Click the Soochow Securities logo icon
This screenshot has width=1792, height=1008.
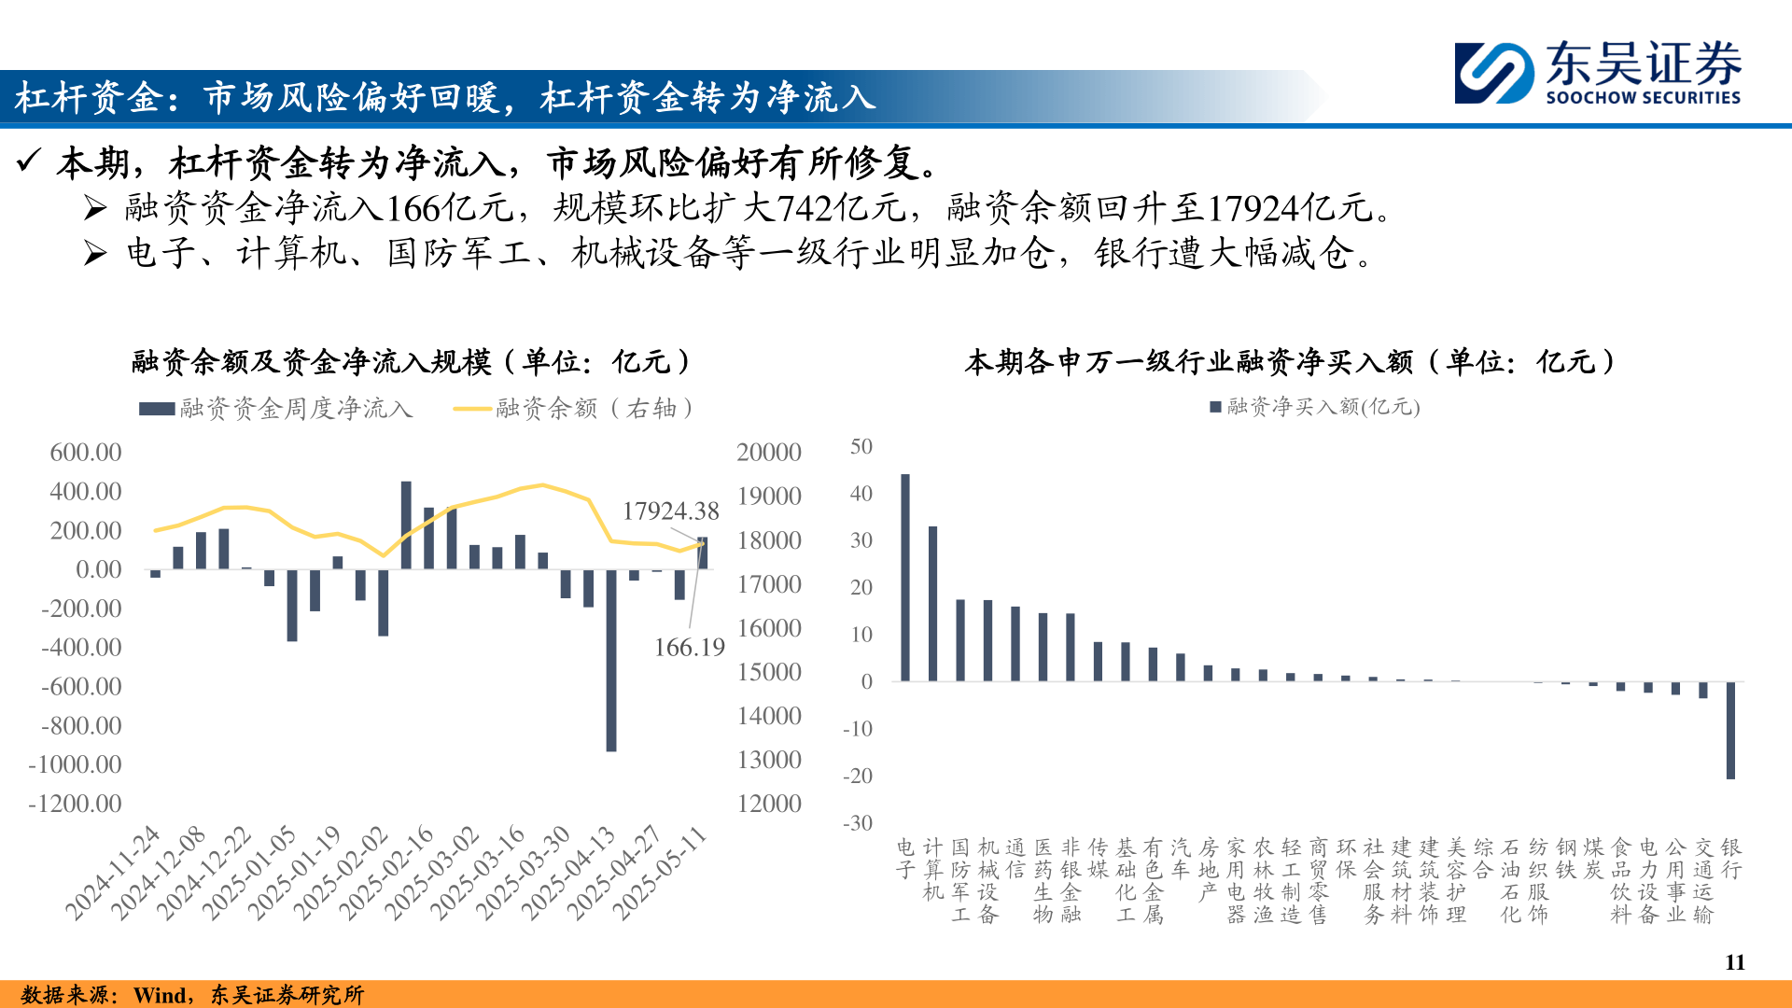(1493, 73)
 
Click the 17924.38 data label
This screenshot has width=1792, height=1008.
(670, 511)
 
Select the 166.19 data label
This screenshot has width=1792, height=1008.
(689, 648)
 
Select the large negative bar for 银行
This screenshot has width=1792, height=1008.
(1730, 730)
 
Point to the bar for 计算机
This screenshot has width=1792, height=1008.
(932, 603)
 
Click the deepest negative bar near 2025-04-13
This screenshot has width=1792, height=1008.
(611, 660)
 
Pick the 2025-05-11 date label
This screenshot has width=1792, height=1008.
(661, 873)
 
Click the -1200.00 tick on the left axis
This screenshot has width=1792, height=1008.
(76, 804)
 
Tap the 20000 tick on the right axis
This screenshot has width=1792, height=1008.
(768, 453)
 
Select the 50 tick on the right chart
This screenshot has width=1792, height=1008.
(861, 447)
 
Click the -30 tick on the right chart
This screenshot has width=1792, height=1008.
(858, 823)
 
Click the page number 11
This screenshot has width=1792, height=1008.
(1734, 962)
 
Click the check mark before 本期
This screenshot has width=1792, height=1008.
(29, 161)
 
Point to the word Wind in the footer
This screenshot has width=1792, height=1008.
(160, 995)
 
